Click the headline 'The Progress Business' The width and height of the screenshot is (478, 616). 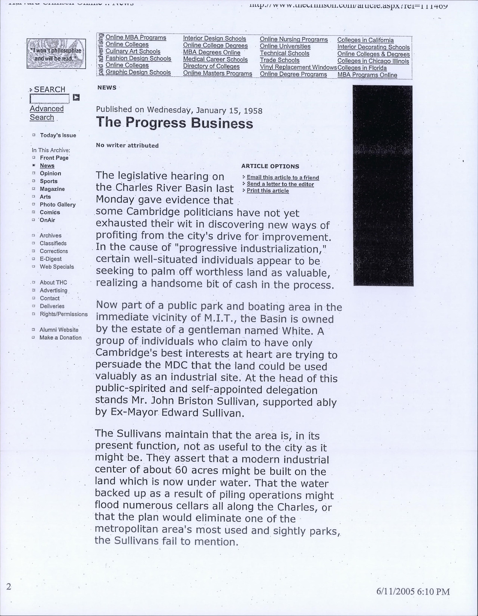(174, 123)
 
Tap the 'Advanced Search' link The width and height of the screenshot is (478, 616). (46, 113)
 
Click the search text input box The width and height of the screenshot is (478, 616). (50, 98)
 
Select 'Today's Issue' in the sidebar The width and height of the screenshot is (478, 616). (58, 135)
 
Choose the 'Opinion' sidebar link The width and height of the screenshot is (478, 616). (50, 173)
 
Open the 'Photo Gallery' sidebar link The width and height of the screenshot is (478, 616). (57, 205)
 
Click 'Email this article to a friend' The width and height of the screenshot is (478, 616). (283, 178)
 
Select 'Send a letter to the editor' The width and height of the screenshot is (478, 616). (280, 184)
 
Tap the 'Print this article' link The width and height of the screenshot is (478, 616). (268, 191)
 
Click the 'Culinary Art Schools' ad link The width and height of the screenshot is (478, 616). (133, 51)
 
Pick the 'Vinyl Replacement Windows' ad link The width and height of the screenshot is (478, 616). (298, 67)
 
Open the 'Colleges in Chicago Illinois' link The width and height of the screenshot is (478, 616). (373, 61)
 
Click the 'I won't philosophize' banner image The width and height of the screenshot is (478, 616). (56, 54)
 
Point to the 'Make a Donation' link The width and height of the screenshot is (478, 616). (60, 338)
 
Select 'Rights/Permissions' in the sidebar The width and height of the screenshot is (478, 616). (64, 314)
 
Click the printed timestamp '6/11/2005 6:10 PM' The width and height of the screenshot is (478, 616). (413, 592)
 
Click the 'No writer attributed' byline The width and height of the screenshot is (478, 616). (127, 145)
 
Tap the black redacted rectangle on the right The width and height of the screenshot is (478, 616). (383, 186)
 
